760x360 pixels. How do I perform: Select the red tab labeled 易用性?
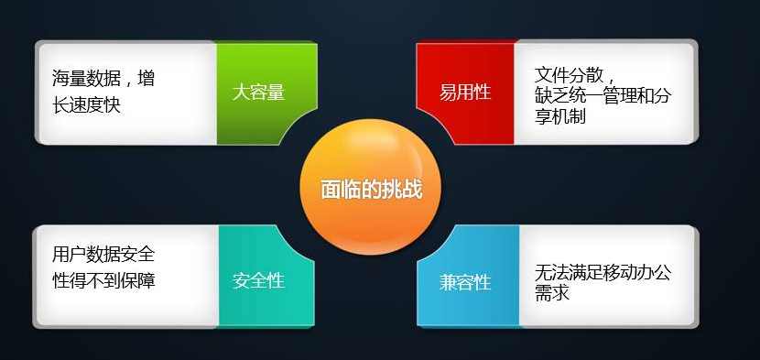click(465, 92)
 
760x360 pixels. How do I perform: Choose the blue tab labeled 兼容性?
click(466, 282)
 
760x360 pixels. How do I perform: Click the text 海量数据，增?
click(103, 78)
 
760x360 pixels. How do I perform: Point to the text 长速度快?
click(87, 104)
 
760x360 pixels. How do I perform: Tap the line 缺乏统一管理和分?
click(603, 94)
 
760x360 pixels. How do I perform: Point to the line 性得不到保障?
click(103, 279)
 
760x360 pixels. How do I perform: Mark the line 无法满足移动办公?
click(603, 273)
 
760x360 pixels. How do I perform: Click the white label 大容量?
click(258, 92)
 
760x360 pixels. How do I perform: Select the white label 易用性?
click(465, 92)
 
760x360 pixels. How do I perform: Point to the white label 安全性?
click(258, 280)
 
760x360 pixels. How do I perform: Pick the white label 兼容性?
click(465, 282)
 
